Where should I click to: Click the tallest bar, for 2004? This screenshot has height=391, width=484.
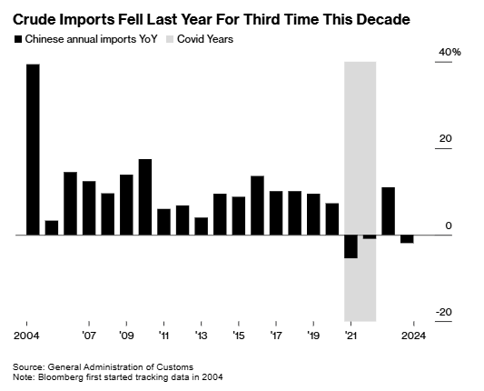click(33, 150)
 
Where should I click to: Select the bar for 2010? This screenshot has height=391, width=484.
click(145, 197)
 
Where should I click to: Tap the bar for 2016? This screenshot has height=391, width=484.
click(257, 206)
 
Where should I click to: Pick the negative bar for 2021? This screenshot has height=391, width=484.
click(351, 246)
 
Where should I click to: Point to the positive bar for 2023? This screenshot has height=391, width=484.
click(389, 211)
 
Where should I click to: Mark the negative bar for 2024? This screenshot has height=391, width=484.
click(407, 239)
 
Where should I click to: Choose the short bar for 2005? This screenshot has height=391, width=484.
click(52, 228)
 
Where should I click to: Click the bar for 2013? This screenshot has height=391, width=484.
click(202, 226)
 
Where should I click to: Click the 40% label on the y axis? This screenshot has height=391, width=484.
click(449, 52)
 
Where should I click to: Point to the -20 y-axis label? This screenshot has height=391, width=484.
click(444, 312)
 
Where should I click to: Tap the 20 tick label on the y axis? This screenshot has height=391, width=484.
click(446, 139)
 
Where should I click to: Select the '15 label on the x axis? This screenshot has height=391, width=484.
click(239, 336)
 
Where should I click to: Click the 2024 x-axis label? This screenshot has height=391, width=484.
click(413, 336)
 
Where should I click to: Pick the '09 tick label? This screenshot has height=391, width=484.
click(126, 336)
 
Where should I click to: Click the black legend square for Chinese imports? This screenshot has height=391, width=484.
click(18, 39)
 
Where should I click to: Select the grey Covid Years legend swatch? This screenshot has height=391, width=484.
click(170, 39)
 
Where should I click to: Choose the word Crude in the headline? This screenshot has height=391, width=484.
click(33, 19)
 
